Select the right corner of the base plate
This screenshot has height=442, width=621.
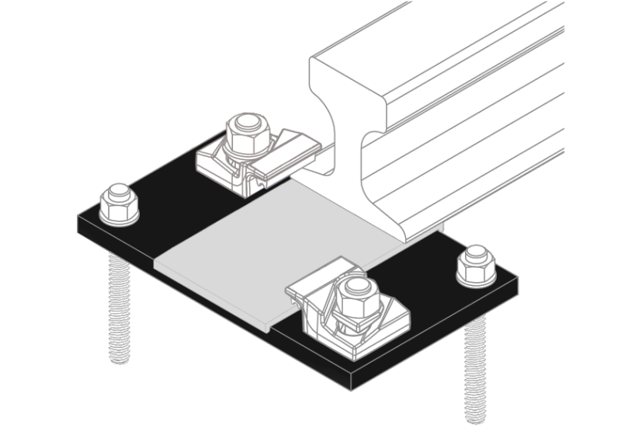516,276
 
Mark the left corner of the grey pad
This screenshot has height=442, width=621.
156,263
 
